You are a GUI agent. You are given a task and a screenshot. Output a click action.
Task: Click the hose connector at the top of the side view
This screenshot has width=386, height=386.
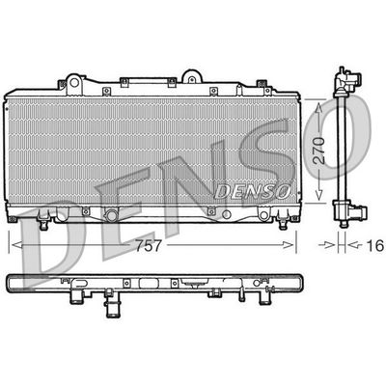pyautogui.click(x=345, y=76)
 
